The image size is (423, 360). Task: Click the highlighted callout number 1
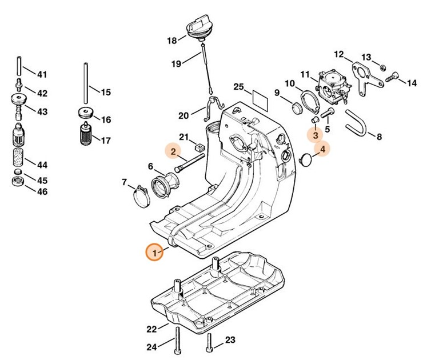153,252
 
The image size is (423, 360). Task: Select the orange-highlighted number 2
171,151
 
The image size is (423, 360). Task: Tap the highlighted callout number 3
314,136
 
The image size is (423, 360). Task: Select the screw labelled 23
212,342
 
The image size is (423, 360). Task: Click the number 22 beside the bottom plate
151,329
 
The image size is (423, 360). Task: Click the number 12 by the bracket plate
339,55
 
